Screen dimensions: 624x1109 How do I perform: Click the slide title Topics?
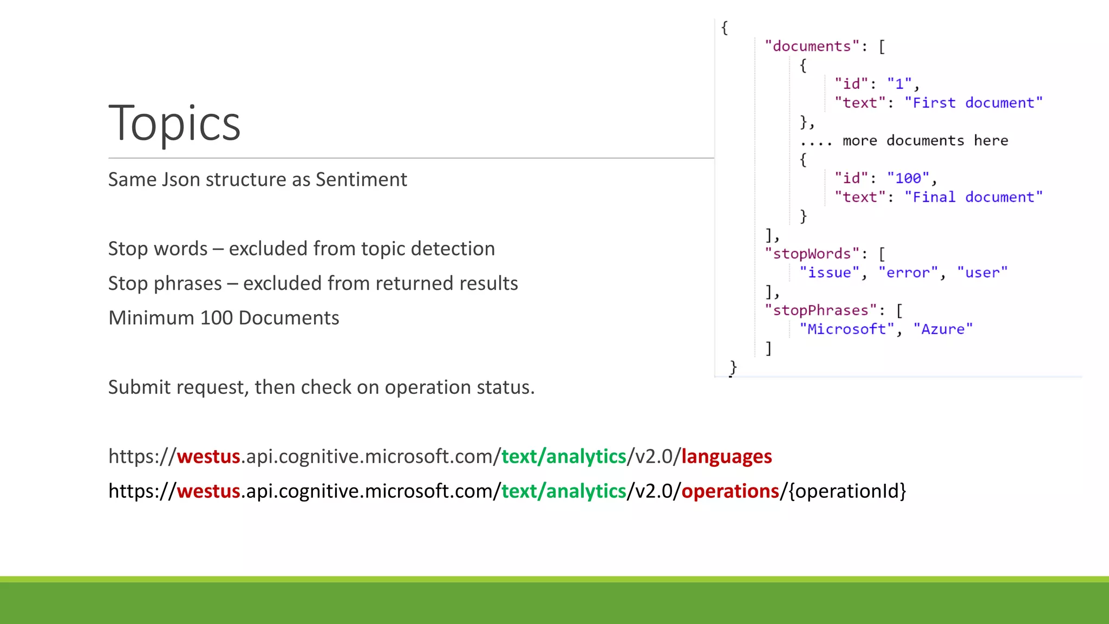(x=174, y=123)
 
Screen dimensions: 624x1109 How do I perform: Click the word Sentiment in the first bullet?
(x=361, y=179)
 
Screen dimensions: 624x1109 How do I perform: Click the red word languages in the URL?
(x=726, y=457)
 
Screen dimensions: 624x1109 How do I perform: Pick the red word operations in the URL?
(x=730, y=491)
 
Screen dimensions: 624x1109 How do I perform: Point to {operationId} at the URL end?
(x=847, y=491)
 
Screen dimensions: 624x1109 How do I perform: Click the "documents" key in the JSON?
(x=812, y=47)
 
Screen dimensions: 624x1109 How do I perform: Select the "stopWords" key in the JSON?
(x=812, y=254)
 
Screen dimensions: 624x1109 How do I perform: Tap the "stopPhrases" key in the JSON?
(x=820, y=310)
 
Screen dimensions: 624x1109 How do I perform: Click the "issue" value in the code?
(x=829, y=273)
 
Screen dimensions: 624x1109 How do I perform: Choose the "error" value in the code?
(x=908, y=273)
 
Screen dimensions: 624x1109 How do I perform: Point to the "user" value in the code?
(x=982, y=273)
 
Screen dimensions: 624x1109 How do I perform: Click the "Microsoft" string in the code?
(x=846, y=329)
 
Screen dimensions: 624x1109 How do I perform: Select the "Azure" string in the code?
(x=943, y=329)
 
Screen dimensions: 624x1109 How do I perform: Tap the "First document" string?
(x=973, y=103)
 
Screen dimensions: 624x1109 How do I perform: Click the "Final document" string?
(x=973, y=197)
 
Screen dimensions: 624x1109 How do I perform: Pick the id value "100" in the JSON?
(x=908, y=178)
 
